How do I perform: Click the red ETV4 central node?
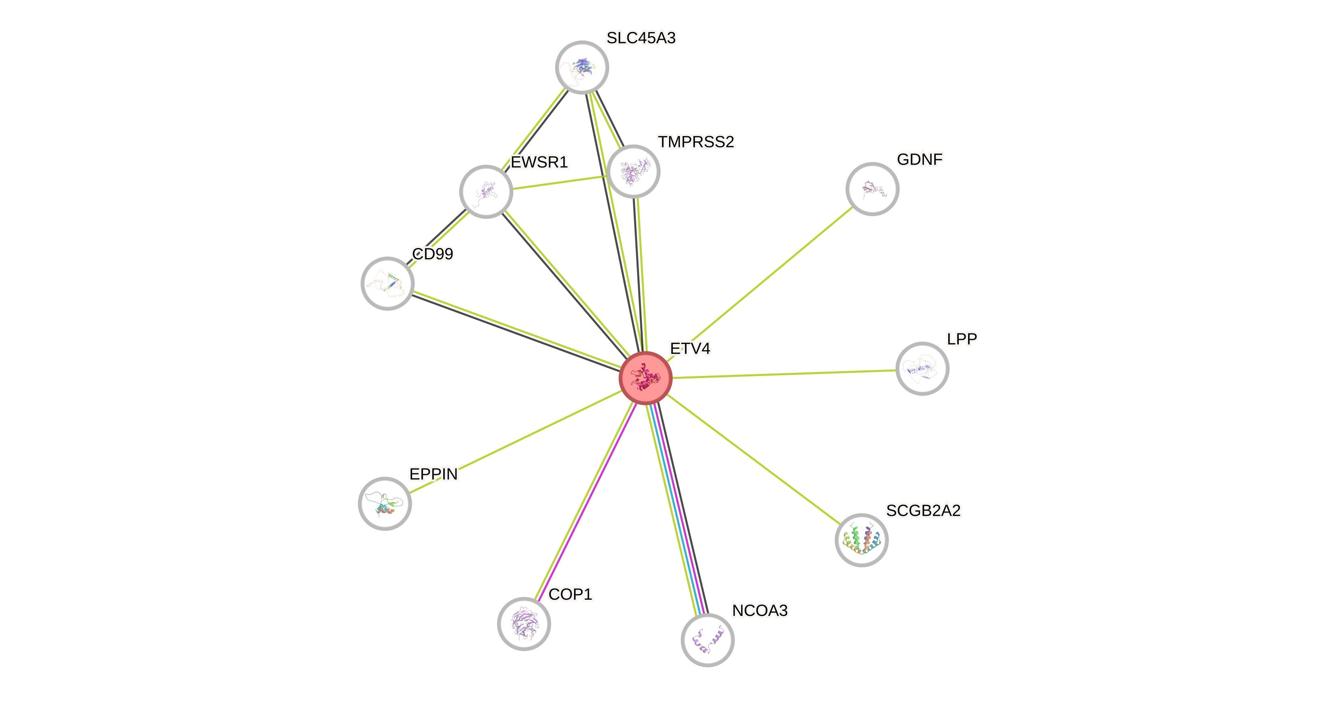(645, 378)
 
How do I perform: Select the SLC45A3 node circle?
(582, 68)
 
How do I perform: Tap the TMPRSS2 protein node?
(633, 171)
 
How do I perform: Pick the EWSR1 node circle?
(486, 192)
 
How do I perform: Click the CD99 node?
(387, 283)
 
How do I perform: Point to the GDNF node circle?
(872, 189)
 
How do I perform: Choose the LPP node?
(922, 369)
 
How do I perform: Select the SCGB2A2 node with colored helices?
(862, 540)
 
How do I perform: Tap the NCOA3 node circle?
(708, 640)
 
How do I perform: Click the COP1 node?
(524, 623)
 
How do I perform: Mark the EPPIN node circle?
(385, 504)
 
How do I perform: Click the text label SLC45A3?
(641, 38)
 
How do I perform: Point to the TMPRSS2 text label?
(696, 142)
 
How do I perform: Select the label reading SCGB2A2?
(924, 510)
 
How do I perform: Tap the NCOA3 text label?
(760, 610)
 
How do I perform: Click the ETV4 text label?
(690, 349)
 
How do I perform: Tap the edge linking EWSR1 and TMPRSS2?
(560, 182)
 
